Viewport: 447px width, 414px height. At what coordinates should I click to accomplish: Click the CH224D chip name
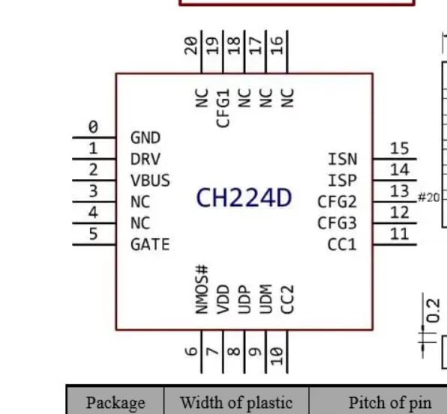tap(244, 198)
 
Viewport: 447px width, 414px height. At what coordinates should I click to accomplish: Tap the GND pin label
tap(145, 138)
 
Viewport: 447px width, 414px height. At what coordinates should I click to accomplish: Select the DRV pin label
tap(145, 159)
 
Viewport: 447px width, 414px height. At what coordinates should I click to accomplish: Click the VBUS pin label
tap(150, 180)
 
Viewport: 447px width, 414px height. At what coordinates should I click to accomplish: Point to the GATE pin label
tap(150, 244)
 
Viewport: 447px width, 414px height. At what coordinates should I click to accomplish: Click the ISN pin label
tap(343, 159)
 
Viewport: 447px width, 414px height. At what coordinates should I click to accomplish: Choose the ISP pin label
tap(343, 180)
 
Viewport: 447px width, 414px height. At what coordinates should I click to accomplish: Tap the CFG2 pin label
tap(337, 201)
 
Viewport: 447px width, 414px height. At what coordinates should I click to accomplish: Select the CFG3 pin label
tap(337, 223)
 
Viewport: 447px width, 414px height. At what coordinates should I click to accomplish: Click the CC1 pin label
tap(342, 244)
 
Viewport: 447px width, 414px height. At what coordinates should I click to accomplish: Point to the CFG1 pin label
tap(223, 108)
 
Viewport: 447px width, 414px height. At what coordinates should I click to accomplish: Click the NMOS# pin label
tap(202, 290)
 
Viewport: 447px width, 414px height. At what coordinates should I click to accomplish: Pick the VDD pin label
tap(223, 299)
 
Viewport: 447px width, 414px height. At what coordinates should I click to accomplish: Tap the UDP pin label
tap(244, 299)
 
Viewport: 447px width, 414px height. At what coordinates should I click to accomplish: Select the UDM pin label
tap(266, 299)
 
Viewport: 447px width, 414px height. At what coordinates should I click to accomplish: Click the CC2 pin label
tap(287, 299)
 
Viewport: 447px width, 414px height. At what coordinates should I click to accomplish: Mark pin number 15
tap(400, 148)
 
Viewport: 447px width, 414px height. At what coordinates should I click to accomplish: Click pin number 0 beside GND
tap(93, 127)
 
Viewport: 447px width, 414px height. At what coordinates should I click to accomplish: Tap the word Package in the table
tap(115, 403)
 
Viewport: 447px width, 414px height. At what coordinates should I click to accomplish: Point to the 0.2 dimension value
tap(433, 311)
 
